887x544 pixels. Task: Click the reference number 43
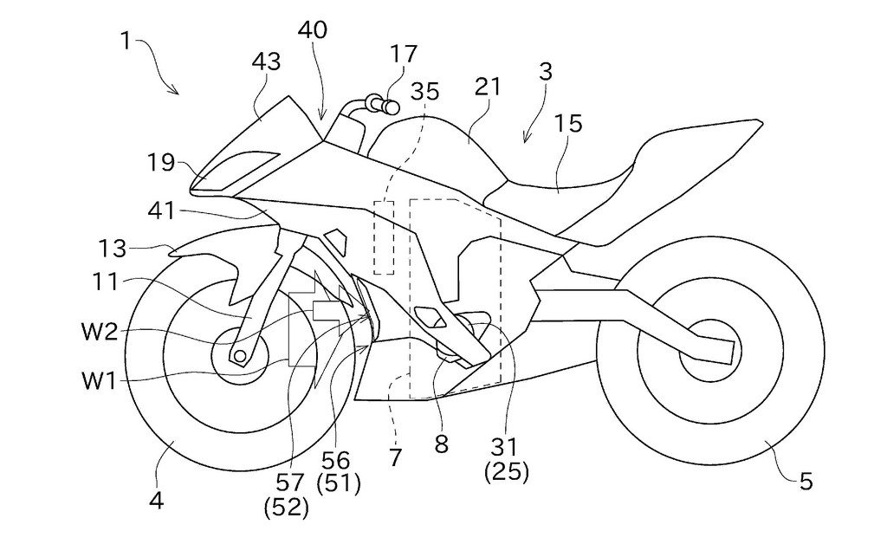click(x=266, y=62)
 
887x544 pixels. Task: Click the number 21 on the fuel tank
click(x=487, y=87)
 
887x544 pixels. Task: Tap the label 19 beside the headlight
click(x=161, y=162)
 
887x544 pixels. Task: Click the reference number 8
click(x=441, y=444)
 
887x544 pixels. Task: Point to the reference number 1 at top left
click(x=127, y=40)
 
